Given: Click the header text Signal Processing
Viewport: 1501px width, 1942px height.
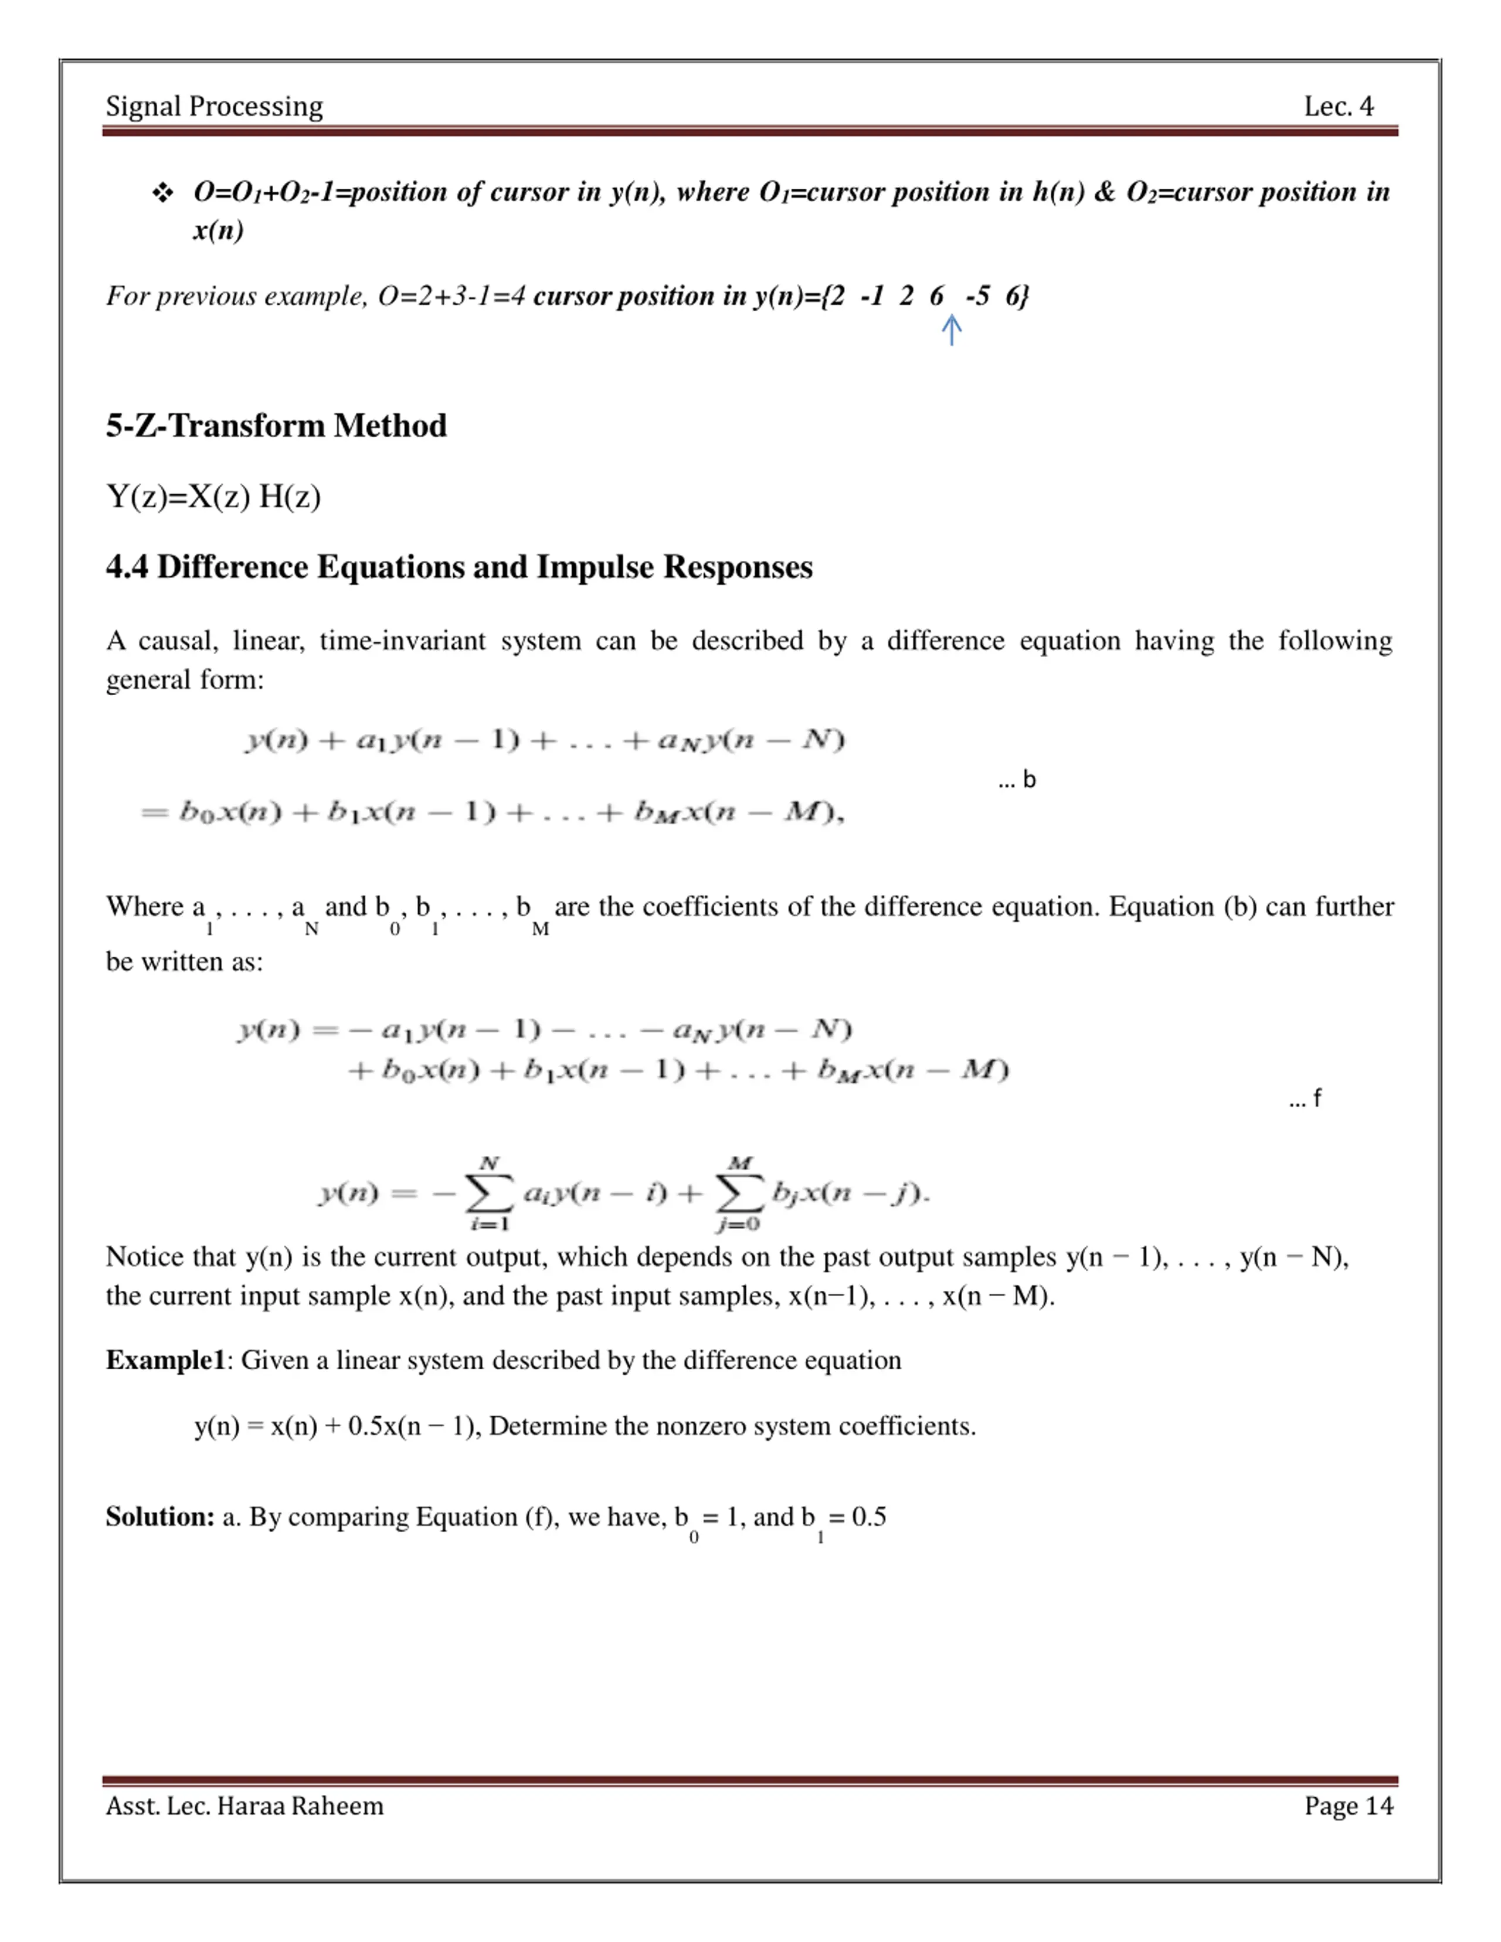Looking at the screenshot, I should coord(214,107).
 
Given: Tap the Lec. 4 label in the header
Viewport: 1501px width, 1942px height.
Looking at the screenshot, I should coord(1338,107).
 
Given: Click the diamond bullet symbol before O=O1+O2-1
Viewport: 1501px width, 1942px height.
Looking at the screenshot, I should coord(163,193).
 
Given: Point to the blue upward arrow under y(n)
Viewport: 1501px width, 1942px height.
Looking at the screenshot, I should coord(952,330).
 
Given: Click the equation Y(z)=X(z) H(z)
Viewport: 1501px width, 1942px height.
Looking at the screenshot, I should coord(213,496).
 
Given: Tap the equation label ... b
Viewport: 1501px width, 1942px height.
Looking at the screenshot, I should coord(1016,780).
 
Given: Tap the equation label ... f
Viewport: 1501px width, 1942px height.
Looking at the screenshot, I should coord(1305,1098).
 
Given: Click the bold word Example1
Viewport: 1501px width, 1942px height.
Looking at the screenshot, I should coord(165,1361).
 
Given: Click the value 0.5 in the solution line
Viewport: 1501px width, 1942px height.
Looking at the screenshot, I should coord(869,1517).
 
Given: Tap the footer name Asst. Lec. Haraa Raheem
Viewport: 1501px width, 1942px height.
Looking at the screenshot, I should coord(244,1806).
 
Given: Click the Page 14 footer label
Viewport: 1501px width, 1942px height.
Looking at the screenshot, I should coord(1348,1806).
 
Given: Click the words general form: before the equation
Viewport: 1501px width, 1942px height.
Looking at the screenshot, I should coord(185,680).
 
